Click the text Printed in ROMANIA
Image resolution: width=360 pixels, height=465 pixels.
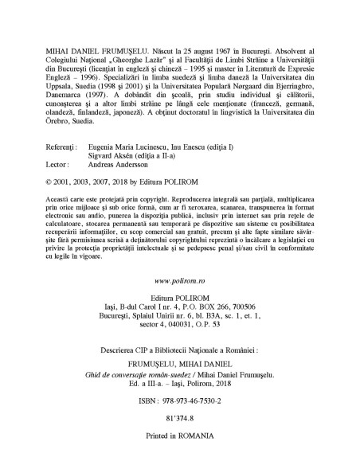(179, 437)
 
